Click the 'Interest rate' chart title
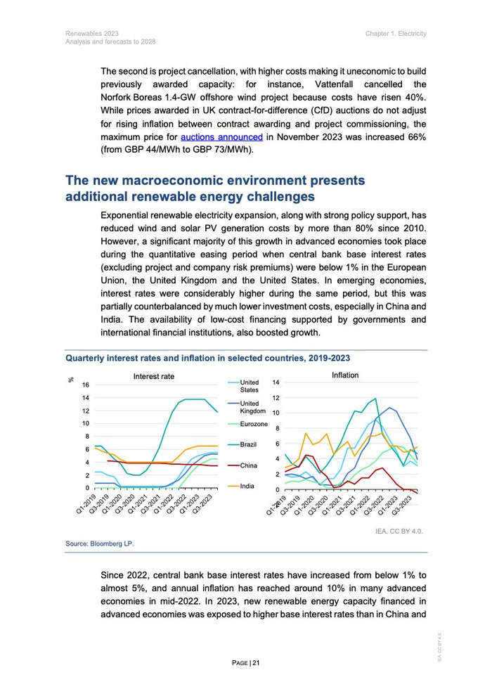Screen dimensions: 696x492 pyautogui.click(x=154, y=377)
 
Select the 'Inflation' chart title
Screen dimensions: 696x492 pyautogui.click(x=345, y=375)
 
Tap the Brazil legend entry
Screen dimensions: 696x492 pyautogui.click(x=248, y=445)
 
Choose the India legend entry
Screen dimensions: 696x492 pyautogui.click(x=247, y=486)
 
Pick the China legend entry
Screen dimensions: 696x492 pyautogui.click(x=248, y=465)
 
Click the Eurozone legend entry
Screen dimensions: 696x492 pyautogui.click(x=254, y=425)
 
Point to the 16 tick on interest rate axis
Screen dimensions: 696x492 pyautogui.click(x=85, y=385)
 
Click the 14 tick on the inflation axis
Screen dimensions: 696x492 pyautogui.click(x=276, y=382)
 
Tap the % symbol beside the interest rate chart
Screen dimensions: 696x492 pyautogui.click(x=71, y=380)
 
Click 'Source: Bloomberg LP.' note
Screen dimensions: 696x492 pyautogui.click(x=99, y=544)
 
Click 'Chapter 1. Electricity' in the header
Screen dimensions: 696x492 pyautogui.click(x=396, y=34)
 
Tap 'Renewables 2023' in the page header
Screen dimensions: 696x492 pyautogui.click(x=92, y=34)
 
